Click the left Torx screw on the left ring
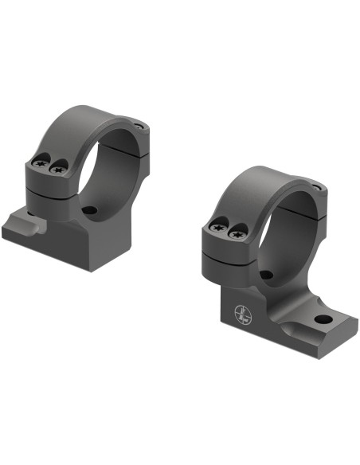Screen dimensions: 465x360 point(41,164)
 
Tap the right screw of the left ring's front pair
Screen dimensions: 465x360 point(57,170)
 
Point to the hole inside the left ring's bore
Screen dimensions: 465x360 point(89,212)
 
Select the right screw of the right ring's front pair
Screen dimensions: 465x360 point(236,235)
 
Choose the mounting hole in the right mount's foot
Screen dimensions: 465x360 point(321,320)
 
